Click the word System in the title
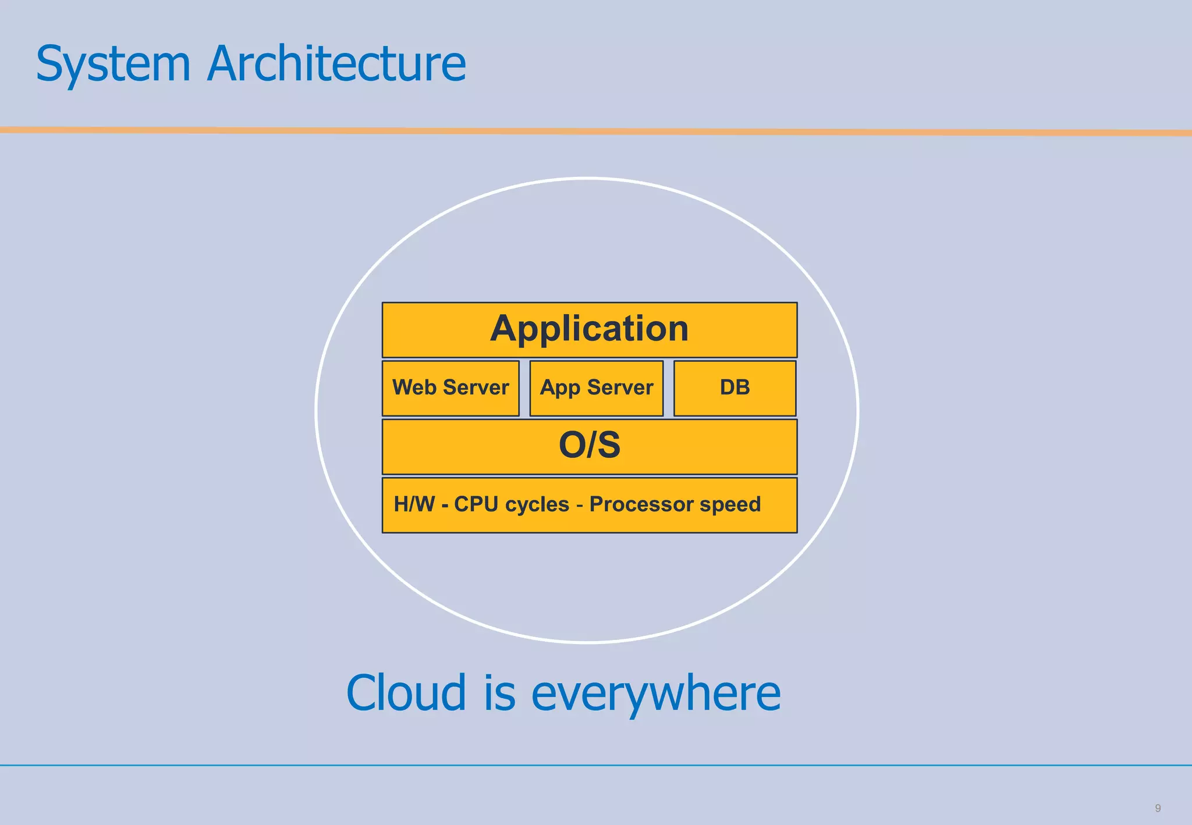(x=113, y=64)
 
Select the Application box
(x=589, y=329)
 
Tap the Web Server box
(x=450, y=388)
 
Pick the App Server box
(x=596, y=388)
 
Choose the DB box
(x=735, y=388)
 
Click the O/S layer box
(x=589, y=446)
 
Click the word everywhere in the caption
(x=656, y=694)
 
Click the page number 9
(x=1158, y=808)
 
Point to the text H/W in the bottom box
(x=414, y=504)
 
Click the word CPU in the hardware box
(x=476, y=504)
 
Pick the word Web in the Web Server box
(x=414, y=387)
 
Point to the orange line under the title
(x=596, y=131)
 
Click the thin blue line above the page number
(x=596, y=765)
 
